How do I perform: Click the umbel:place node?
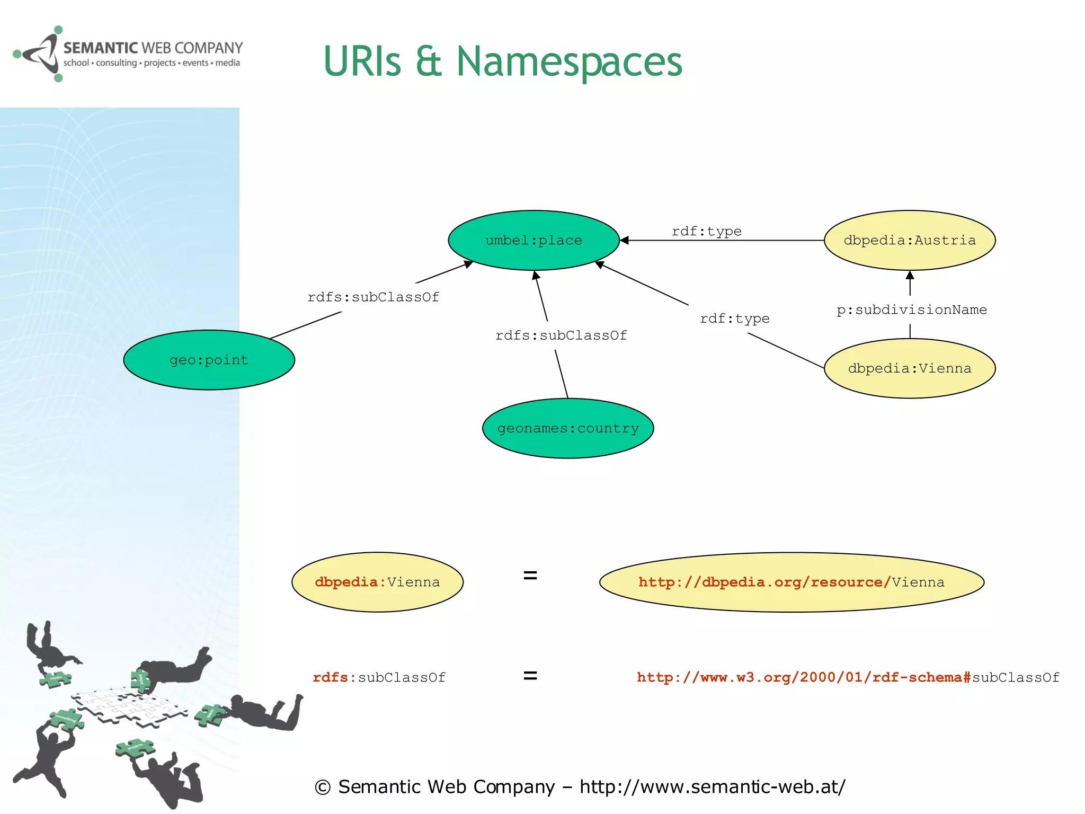533,240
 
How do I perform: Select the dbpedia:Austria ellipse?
909,240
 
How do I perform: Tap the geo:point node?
209,360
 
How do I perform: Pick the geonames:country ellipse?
568,428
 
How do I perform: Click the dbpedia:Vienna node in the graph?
909,368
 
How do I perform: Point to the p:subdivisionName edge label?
911,310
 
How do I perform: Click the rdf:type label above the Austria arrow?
706,231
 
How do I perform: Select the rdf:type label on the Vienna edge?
734,318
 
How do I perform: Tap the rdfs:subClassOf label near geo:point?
373,297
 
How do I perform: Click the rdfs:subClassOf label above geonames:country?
561,335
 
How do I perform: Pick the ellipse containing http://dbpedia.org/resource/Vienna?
791,582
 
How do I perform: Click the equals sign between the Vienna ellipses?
530,575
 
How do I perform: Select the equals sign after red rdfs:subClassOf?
530,676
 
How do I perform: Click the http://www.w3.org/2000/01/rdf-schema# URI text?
803,677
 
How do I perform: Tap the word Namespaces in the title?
569,62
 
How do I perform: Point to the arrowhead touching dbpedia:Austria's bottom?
910,275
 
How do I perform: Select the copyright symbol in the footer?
323,788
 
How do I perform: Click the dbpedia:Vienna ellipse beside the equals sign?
377,582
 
